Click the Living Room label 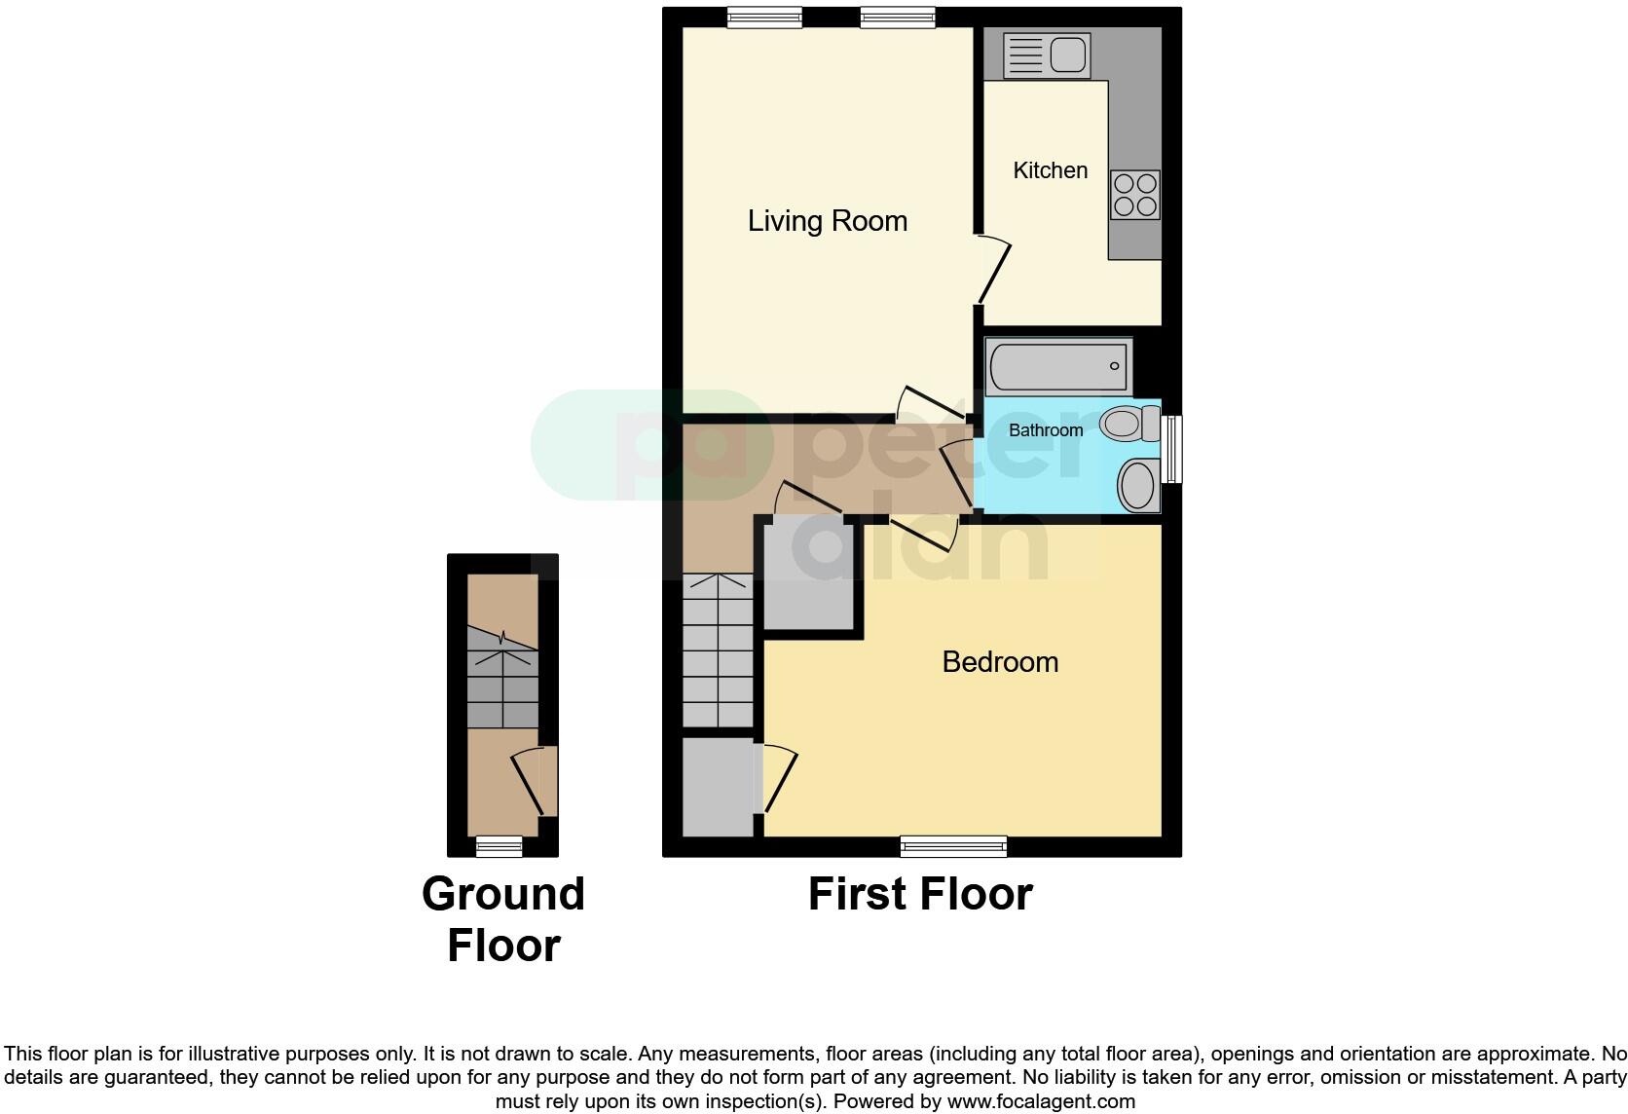click(827, 221)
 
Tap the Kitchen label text click(1050, 170)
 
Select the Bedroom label click(1000, 662)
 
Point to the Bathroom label click(1045, 430)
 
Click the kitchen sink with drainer click(1046, 55)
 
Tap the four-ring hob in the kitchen click(1135, 195)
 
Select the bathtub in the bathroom click(1058, 366)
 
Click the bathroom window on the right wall click(1173, 449)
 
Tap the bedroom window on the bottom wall click(953, 846)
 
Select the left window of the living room click(764, 17)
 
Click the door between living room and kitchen click(994, 269)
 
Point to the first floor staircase click(718, 650)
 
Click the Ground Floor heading click(503, 919)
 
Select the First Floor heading click(920, 894)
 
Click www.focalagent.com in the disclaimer click(1040, 1101)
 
